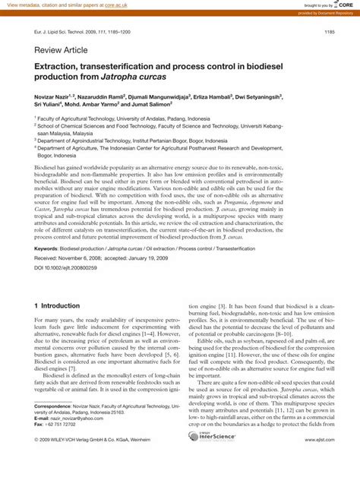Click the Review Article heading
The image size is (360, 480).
[61, 50]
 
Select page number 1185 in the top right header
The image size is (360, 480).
[329, 32]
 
